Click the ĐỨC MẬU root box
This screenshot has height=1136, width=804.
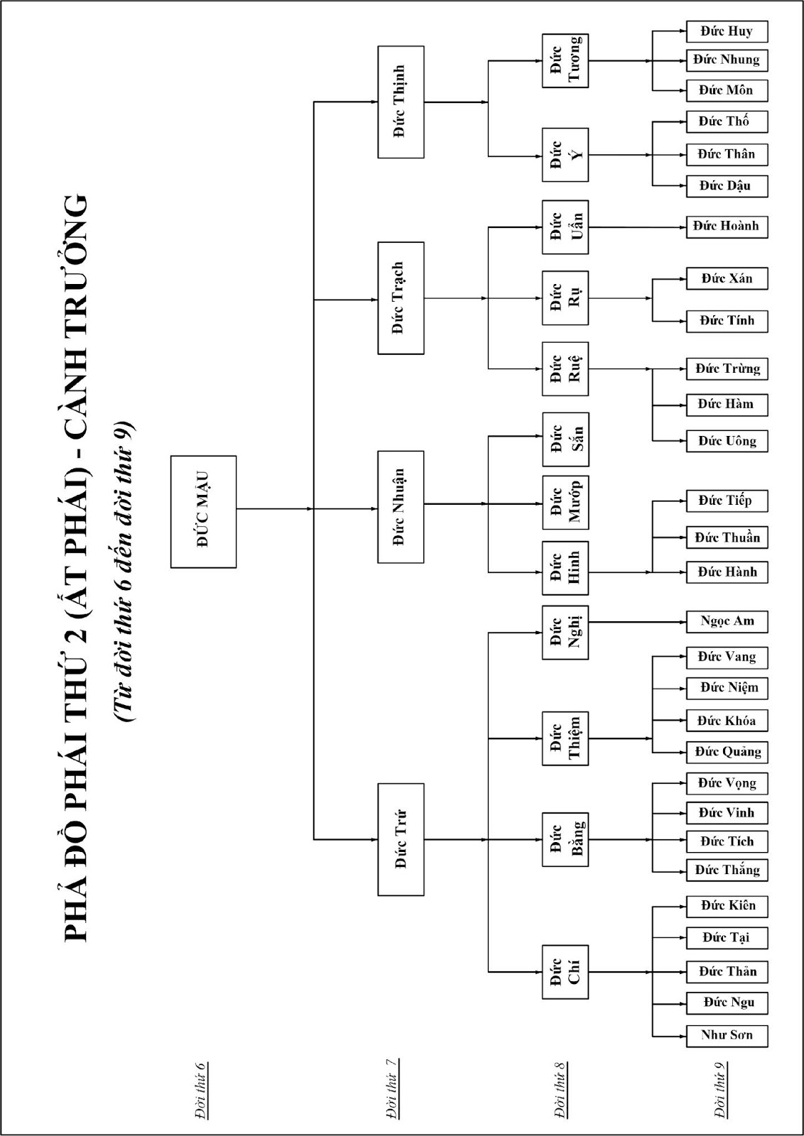tap(203, 511)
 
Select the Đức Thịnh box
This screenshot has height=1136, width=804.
tap(401, 102)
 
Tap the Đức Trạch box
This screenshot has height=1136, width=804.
tap(401, 298)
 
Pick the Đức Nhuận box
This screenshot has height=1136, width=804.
tap(401, 506)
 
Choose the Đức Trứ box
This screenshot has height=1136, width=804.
tap(401, 839)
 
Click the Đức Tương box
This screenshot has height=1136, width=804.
tap(565, 61)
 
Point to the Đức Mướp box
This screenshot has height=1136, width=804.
tap(565, 503)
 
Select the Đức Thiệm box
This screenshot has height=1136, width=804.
tap(565, 738)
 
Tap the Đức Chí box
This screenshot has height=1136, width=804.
tap(565, 971)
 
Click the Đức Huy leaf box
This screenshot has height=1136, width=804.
tap(727, 31)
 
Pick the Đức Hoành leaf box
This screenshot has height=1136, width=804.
tap(727, 226)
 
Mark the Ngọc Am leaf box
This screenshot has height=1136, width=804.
tap(727, 621)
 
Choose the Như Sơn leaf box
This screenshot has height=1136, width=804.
tap(727, 1034)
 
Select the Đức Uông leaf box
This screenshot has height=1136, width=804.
tap(727, 441)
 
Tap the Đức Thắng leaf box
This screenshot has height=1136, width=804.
tap(727, 870)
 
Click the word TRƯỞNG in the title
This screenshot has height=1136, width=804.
tap(76, 260)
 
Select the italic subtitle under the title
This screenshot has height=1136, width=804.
tap(125, 568)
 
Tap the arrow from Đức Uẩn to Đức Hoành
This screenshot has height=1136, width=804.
tap(636, 227)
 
